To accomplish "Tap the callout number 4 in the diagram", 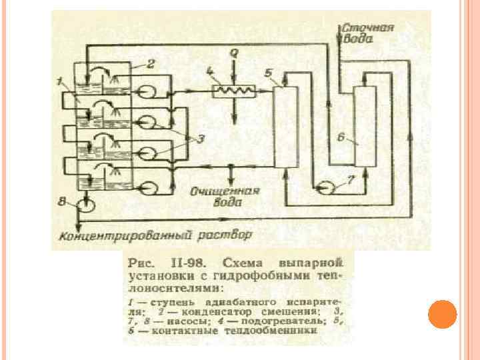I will [210, 71].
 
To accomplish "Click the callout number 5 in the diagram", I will [269, 73].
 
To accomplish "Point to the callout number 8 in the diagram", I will [62, 200].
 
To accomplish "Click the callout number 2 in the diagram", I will [151, 64].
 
